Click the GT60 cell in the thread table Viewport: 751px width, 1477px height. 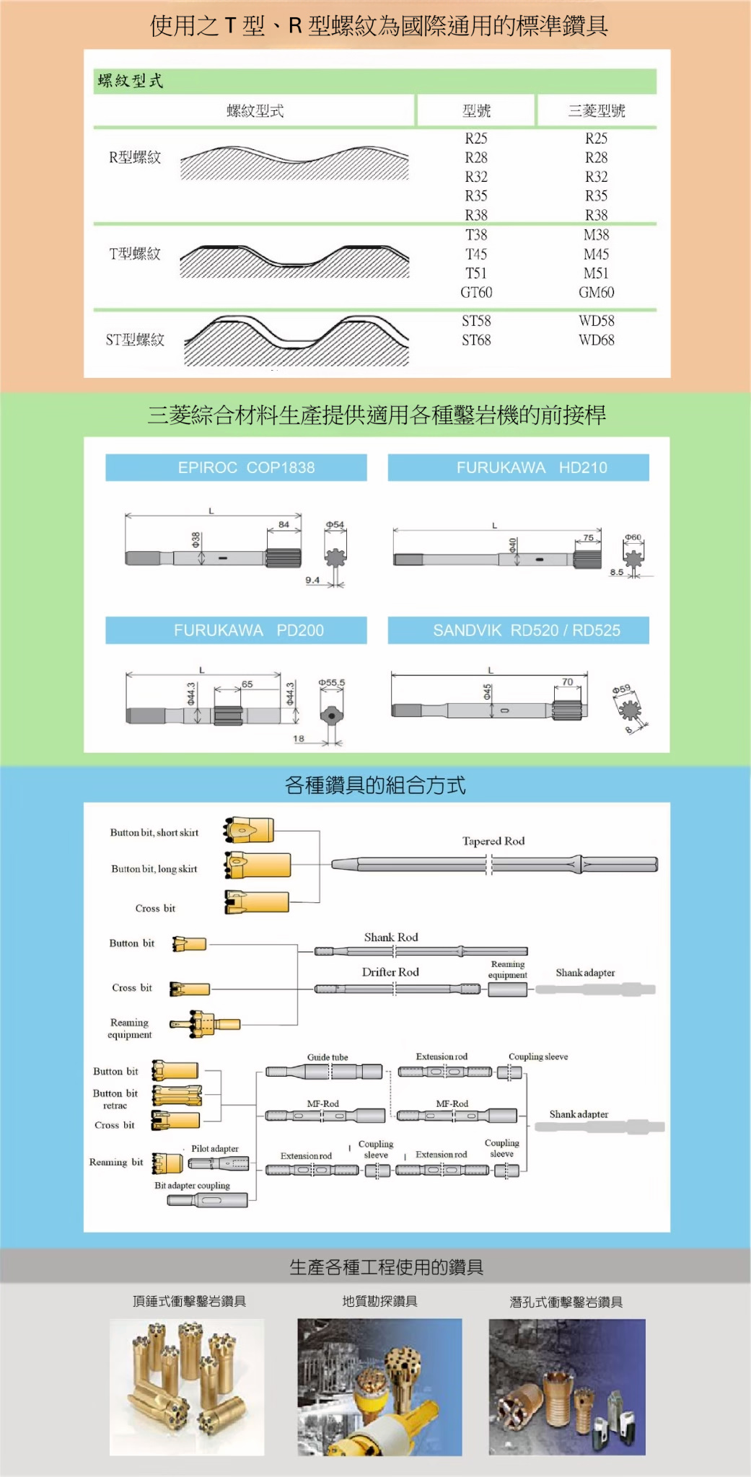(476, 293)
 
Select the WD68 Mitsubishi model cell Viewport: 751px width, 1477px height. (596, 340)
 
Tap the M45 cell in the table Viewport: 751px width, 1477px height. (596, 255)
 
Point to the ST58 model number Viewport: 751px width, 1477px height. (476, 321)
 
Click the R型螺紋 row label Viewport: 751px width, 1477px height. (135, 158)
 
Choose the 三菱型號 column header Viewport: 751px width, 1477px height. (596, 111)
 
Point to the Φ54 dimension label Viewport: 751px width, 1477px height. (335, 525)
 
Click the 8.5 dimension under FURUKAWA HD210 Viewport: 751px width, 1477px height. (616, 573)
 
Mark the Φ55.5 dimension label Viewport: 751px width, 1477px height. (332, 682)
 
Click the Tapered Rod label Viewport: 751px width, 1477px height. (493, 842)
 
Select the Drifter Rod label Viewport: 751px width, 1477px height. (390, 972)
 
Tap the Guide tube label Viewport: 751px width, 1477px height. (328, 1057)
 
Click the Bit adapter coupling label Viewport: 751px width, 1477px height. (192, 1185)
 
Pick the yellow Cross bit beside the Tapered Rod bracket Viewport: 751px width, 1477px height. (257, 901)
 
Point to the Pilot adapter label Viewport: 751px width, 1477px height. (214, 1149)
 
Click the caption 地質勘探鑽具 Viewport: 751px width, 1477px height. (379, 1301)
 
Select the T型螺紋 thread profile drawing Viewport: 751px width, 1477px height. (294, 261)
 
